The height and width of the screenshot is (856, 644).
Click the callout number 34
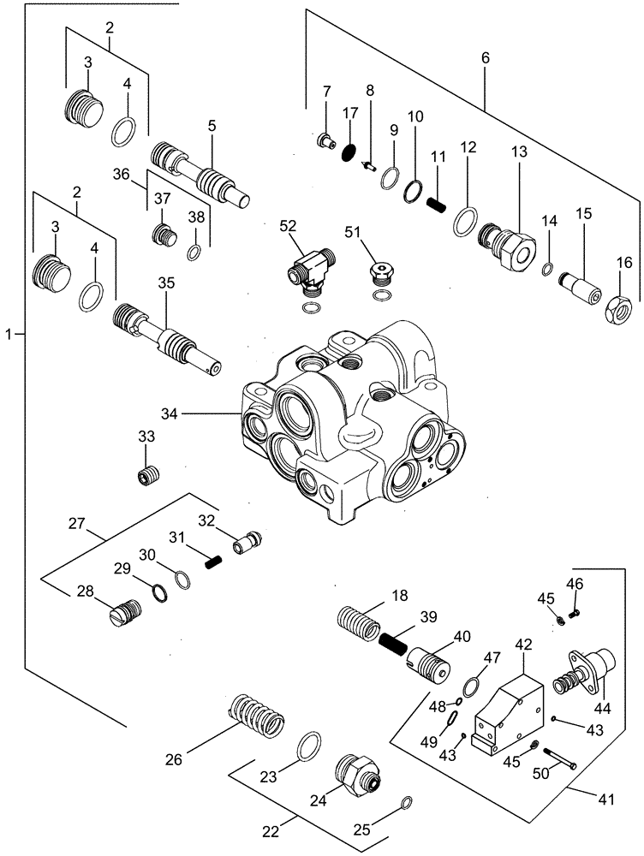pyautogui.click(x=169, y=413)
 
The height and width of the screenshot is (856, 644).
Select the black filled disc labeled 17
pyautogui.click(x=349, y=152)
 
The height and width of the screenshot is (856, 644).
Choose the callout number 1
pyautogui.click(x=9, y=334)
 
